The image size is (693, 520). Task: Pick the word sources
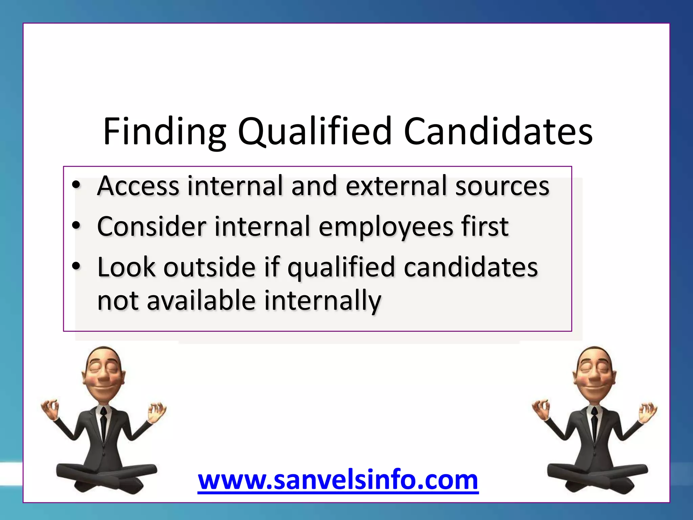click(x=502, y=187)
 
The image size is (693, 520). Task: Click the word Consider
click(x=152, y=226)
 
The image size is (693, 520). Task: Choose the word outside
click(x=210, y=267)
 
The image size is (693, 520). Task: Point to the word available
click(x=201, y=300)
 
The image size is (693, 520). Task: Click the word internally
click(x=322, y=301)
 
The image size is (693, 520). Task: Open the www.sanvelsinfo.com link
click(x=338, y=480)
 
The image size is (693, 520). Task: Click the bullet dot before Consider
click(x=76, y=226)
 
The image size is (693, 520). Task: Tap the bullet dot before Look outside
click(x=76, y=266)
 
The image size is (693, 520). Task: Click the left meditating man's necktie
click(x=104, y=423)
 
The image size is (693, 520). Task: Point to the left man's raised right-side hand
click(x=156, y=412)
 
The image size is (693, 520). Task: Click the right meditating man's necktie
click(x=594, y=423)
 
